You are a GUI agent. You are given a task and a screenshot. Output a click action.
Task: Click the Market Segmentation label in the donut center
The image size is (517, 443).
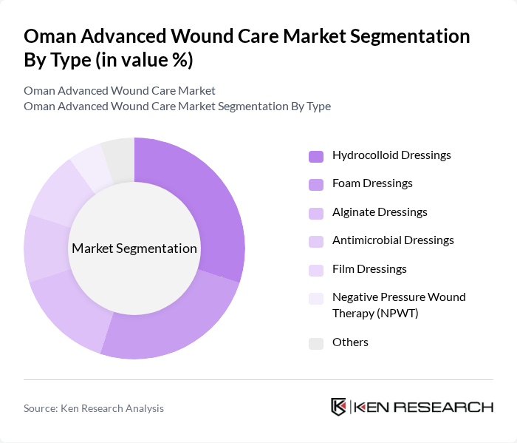pos(134,248)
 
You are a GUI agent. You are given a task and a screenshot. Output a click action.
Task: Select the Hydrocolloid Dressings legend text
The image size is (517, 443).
pos(391,155)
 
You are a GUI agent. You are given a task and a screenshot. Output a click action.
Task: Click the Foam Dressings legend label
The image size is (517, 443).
pos(372,183)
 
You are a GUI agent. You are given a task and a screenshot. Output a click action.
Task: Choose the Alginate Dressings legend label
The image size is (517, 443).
pos(380,212)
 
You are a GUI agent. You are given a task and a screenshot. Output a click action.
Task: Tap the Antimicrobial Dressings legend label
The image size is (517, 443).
pos(393,240)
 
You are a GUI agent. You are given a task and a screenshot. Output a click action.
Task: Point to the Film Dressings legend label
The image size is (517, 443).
pos(369,269)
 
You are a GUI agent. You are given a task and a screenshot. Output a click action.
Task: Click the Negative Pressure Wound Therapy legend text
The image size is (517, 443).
pos(399,305)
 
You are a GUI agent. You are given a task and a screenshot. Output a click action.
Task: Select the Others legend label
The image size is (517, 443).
pos(350,342)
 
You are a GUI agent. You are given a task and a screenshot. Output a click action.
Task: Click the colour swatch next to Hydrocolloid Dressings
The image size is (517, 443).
pos(316,156)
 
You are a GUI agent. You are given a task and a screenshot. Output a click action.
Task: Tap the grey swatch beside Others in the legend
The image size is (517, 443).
pos(316,343)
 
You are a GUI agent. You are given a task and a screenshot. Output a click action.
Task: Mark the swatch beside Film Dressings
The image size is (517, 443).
pos(316,270)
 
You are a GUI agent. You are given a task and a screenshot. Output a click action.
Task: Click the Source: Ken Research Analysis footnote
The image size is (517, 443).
pos(94,408)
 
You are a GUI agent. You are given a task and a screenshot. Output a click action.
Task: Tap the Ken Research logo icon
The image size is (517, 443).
pos(339,408)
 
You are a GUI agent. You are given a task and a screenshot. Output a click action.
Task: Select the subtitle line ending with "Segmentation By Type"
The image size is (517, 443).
pos(177,106)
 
